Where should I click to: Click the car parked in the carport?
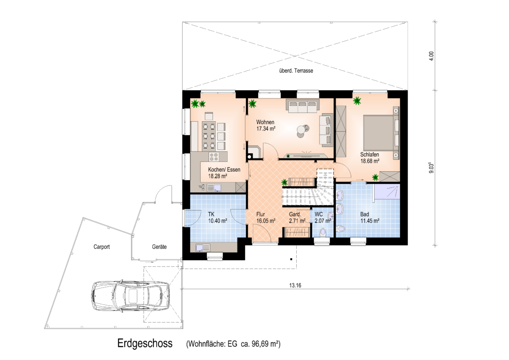[x=130, y=296]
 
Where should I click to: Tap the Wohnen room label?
[x=265, y=122]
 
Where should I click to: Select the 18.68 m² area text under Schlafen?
[x=370, y=161]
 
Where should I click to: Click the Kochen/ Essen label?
[x=224, y=169]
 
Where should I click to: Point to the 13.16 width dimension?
[x=295, y=285]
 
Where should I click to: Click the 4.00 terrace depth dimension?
[x=431, y=56]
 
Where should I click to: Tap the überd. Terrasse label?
[x=296, y=71]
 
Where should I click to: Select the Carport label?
[x=102, y=247]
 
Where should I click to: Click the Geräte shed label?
[x=159, y=247]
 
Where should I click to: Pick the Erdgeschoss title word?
[x=145, y=343]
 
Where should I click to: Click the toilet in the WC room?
[x=323, y=232]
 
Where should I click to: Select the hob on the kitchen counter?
[x=214, y=157]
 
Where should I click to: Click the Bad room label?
[x=365, y=214]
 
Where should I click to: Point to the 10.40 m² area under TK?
[x=218, y=221]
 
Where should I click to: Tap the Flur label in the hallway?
[x=261, y=214]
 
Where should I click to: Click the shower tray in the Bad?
[x=386, y=192]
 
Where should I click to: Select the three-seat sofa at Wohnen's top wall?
[x=302, y=105]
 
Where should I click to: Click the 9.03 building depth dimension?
[x=431, y=168]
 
